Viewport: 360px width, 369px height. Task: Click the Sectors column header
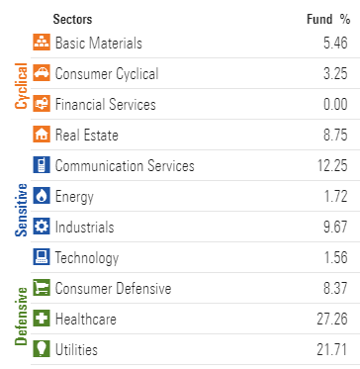pyautogui.click(x=72, y=19)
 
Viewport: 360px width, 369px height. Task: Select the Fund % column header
pyautogui.click(x=328, y=19)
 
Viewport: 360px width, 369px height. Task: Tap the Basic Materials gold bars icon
pyautogui.click(x=42, y=42)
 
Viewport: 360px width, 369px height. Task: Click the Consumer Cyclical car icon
pyautogui.click(x=42, y=72)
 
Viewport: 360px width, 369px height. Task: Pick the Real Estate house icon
pyautogui.click(x=42, y=134)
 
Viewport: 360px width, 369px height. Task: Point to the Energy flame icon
pyautogui.click(x=42, y=196)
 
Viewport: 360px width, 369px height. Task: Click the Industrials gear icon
pyautogui.click(x=42, y=227)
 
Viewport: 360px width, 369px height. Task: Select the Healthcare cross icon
pyautogui.click(x=42, y=319)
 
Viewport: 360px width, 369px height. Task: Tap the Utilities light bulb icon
pyautogui.click(x=42, y=349)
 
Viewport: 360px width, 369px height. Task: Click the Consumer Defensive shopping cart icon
pyautogui.click(x=42, y=288)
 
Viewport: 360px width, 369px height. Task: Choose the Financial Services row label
pyautogui.click(x=106, y=105)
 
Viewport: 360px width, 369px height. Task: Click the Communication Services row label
pyautogui.click(x=125, y=166)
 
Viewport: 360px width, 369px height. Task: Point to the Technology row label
pyautogui.click(x=87, y=258)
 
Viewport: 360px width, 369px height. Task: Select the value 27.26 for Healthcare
pyautogui.click(x=332, y=319)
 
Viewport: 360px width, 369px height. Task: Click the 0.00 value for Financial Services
pyautogui.click(x=335, y=105)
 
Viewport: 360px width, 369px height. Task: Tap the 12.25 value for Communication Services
pyautogui.click(x=332, y=166)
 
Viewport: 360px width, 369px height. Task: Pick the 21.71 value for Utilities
pyautogui.click(x=332, y=349)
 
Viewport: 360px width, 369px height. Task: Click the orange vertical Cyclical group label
pyautogui.click(x=22, y=86)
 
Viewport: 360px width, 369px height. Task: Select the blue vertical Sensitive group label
pyautogui.click(x=22, y=210)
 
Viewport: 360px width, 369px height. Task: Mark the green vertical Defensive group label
pyautogui.click(x=22, y=317)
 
